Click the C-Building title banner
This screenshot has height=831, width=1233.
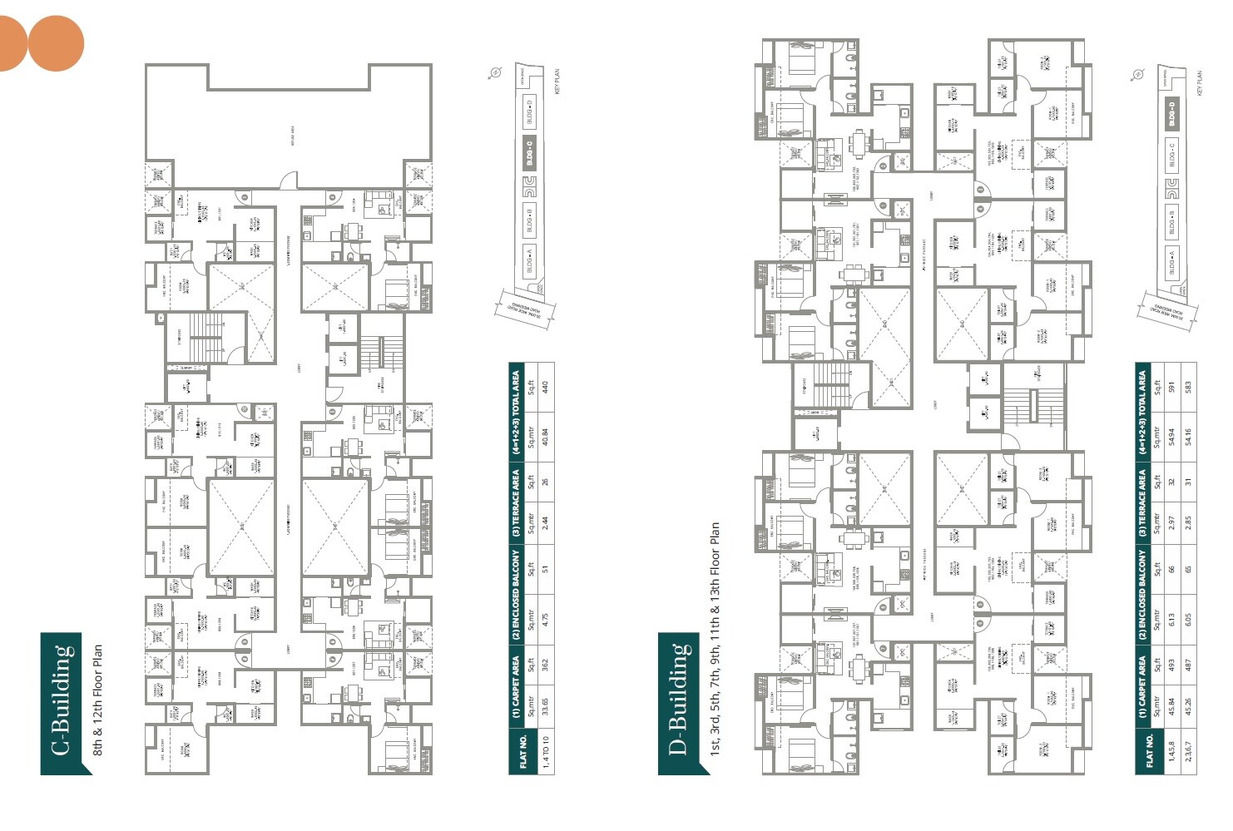65,703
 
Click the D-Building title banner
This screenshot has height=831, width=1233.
682,703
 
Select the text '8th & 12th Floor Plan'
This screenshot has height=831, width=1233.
98,700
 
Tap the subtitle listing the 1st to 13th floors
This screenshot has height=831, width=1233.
714,641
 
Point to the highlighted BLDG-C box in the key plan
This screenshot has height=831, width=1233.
530,152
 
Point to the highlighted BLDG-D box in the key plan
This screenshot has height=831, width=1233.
1172,114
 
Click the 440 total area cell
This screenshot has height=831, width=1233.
545,387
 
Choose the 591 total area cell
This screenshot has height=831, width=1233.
1171,387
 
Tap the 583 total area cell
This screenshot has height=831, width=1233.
1188,387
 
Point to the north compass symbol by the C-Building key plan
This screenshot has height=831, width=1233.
496,73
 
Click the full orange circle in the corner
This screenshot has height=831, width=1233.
56,43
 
